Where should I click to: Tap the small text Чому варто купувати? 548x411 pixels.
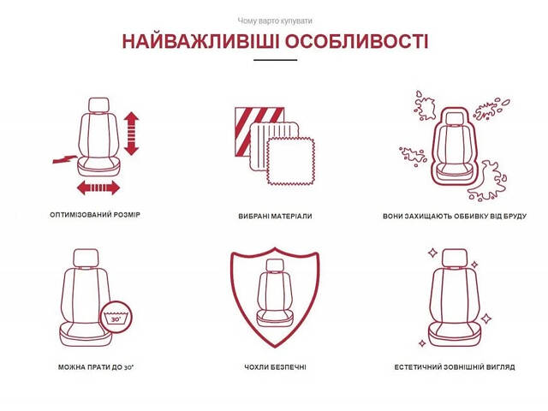click(x=274, y=20)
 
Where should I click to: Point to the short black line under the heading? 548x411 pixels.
click(x=275, y=60)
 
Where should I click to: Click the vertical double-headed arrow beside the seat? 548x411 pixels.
click(x=131, y=133)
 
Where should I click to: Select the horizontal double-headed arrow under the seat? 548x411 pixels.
click(x=98, y=188)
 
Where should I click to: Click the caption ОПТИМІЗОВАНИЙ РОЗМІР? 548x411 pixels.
click(x=95, y=215)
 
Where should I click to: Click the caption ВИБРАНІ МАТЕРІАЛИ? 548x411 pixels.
click(x=275, y=217)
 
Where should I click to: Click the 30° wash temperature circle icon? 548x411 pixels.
click(x=115, y=317)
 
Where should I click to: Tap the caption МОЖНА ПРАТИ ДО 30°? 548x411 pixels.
click(x=96, y=367)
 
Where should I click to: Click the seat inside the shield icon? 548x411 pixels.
click(x=275, y=295)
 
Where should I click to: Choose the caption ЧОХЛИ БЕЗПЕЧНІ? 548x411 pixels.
click(x=275, y=367)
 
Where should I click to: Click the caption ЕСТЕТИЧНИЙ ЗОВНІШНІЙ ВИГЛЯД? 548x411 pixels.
click(x=455, y=367)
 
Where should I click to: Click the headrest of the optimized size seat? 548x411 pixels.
click(x=100, y=106)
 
